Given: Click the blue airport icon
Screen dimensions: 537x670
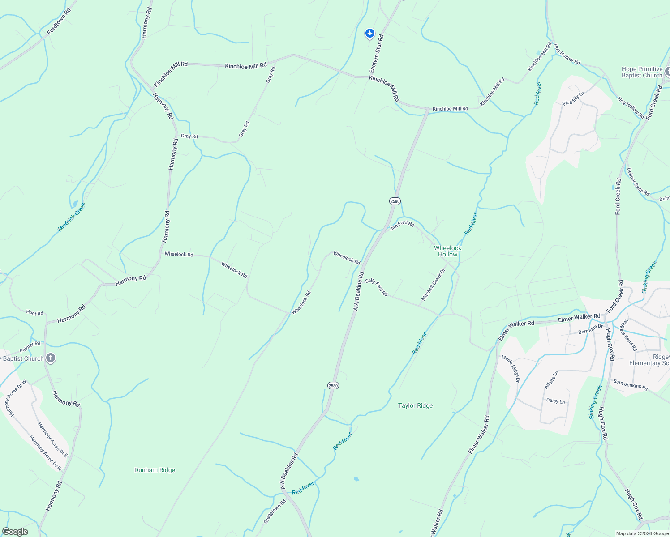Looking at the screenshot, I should pyautogui.click(x=369, y=33).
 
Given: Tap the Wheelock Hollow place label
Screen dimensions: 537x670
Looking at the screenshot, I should pyautogui.click(x=447, y=251).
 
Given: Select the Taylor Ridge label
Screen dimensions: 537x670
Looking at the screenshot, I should pyautogui.click(x=415, y=405).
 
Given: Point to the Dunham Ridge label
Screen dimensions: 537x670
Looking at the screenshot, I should pyautogui.click(x=155, y=470).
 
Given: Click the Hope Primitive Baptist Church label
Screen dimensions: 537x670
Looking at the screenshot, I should pyautogui.click(x=642, y=72).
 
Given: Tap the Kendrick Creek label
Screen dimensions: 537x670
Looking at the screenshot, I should pyautogui.click(x=71, y=217).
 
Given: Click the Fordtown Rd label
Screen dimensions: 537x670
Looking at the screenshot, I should pyautogui.click(x=59, y=21).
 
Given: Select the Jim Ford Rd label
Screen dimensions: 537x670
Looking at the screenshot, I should pyautogui.click(x=402, y=225).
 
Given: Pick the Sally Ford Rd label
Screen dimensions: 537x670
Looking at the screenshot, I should pyautogui.click(x=376, y=287).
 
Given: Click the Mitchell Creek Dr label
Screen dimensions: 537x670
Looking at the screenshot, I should pyautogui.click(x=433, y=285).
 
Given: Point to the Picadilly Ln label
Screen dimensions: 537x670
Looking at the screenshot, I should pyautogui.click(x=573, y=98).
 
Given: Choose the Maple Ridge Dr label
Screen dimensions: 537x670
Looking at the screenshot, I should pyautogui.click(x=511, y=369).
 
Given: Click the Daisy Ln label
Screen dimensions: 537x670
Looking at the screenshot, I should pyautogui.click(x=555, y=401).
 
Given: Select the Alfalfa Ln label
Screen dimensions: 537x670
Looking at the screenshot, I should pyautogui.click(x=551, y=379).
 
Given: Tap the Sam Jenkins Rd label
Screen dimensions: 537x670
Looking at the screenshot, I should pyautogui.click(x=630, y=384).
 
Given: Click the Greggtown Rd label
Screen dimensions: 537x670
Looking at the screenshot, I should pyautogui.click(x=275, y=511).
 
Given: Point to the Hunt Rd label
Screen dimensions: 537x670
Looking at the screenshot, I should pyautogui.click(x=34, y=313).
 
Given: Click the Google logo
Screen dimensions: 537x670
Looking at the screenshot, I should pyautogui.click(x=15, y=532).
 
